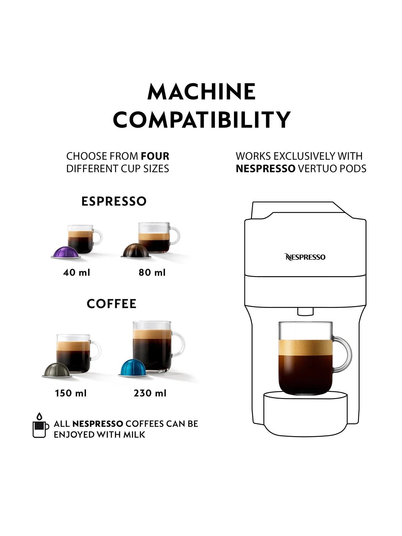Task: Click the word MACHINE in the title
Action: [201, 92]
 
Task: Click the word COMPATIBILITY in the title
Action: [201, 120]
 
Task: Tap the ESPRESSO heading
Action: [114, 201]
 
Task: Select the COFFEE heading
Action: [112, 304]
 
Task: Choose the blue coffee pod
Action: [133, 369]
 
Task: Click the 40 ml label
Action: [77, 272]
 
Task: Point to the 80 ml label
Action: [152, 272]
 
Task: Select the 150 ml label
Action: [71, 393]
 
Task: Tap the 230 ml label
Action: [150, 393]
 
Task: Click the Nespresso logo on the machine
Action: [305, 257]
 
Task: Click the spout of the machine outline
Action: [305, 311]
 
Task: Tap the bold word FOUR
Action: [155, 156]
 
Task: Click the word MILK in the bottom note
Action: [134, 434]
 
